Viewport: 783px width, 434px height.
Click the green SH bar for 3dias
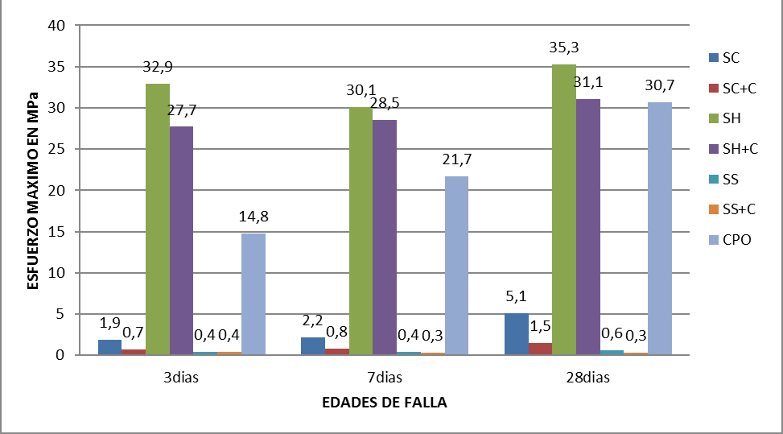pyautogui.click(x=158, y=219)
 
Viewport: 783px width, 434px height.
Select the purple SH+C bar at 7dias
pyautogui.click(x=385, y=238)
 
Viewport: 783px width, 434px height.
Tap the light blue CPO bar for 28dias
pyautogui.click(x=660, y=229)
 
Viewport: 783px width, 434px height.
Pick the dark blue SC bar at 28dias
pyautogui.click(x=517, y=334)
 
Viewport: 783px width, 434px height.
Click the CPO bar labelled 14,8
pyautogui.click(x=253, y=294)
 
